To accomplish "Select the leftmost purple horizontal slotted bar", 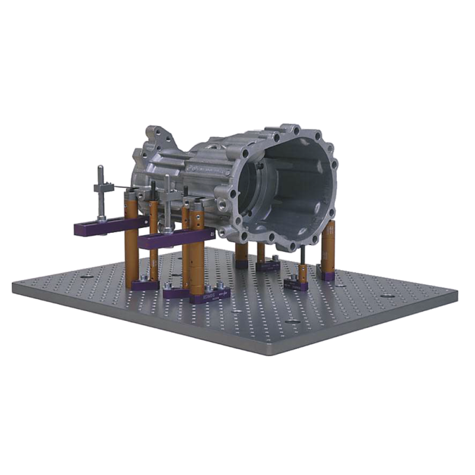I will [104, 226].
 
